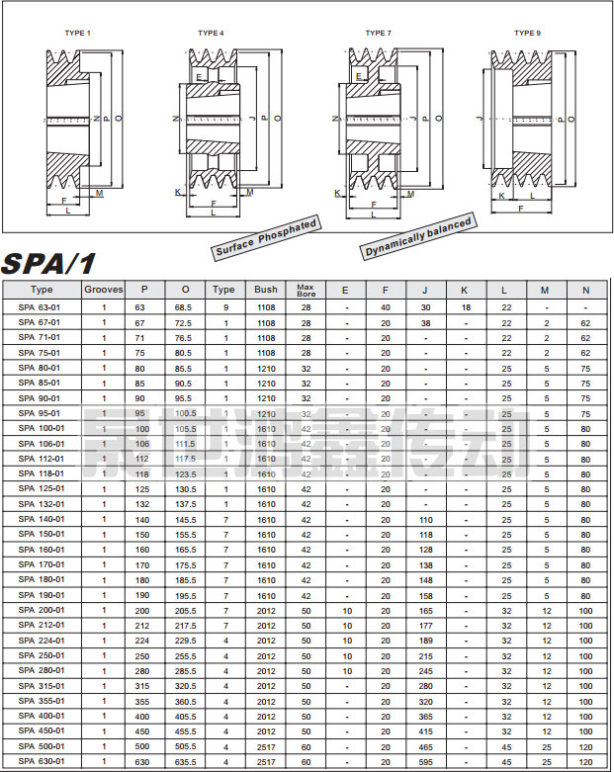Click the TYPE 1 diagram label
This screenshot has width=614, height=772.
pos(77,34)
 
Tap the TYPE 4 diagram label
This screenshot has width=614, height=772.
pos(211,34)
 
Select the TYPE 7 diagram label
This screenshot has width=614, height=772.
pos(378,34)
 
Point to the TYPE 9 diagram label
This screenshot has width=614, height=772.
pos(527,34)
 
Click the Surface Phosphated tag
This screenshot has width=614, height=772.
pos(266,239)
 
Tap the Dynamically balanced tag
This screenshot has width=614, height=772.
pos(417,240)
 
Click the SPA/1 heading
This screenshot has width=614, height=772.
pos(50,264)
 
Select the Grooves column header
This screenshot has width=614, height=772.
pos(104,290)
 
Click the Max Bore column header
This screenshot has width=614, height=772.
pos(306,290)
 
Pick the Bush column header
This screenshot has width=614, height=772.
pos(266,290)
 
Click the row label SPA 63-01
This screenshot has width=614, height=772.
pos(40,307)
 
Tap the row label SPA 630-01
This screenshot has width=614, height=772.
pos(42,761)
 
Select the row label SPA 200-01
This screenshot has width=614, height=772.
pos(42,610)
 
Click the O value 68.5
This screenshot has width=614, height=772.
pos(184,307)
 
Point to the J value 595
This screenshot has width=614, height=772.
pos(425,761)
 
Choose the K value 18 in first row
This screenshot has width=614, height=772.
pos(466,307)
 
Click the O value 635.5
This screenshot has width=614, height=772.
pos(184,761)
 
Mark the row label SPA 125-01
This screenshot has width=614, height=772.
pos(42,488)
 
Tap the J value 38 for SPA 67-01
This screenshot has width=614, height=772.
pos(425,322)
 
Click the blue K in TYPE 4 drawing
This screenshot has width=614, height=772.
pos(177,190)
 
